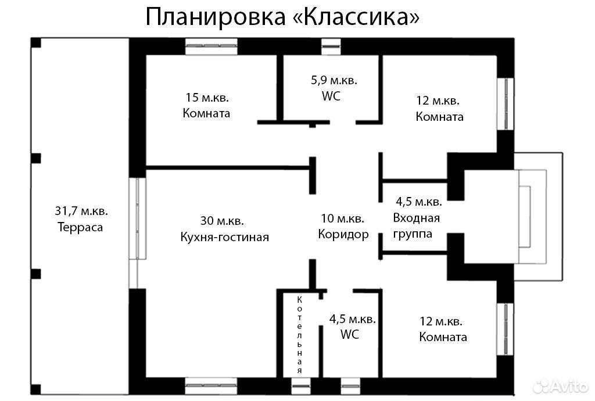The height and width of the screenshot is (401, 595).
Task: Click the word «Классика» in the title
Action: pos(357,17)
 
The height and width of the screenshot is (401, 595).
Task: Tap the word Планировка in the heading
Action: pos(216,17)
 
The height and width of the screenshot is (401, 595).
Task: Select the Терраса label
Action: pos(80,227)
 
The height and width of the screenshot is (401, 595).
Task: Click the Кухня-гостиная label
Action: pos(224,237)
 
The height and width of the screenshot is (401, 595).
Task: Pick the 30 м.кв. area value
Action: pos(222,220)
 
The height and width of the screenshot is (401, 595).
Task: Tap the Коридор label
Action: pos(343,234)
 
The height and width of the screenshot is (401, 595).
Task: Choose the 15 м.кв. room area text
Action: pos(207,98)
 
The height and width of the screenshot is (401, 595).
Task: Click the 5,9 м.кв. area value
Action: pos(334,80)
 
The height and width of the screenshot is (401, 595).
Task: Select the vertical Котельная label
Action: pos(300,335)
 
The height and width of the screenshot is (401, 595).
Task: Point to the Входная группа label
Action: pos(416,225)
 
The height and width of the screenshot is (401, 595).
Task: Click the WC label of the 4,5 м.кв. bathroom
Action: pos(349,334)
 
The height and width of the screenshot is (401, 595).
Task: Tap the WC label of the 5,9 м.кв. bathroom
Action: pos(331,96)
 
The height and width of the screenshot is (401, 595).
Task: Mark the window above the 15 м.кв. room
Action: pos(212,46)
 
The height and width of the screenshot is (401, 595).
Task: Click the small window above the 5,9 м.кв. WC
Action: pos(331,46)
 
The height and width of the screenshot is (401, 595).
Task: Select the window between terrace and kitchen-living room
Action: pos(137,219)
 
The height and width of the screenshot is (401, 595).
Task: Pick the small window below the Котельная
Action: pos(301,386)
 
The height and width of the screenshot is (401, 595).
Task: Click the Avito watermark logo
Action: pos(561,386)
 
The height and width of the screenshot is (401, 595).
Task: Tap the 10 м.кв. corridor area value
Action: pos(343,218)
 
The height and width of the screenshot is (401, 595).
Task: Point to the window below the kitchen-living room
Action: pos(212,386)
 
